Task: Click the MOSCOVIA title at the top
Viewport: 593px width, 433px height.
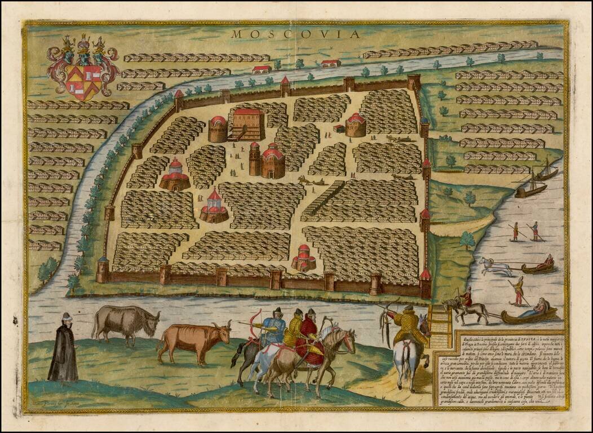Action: (295, 34)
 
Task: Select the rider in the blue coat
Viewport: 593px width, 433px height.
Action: (273, 330)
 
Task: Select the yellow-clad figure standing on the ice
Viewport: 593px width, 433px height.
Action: (517, 291)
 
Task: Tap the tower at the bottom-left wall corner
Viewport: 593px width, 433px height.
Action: (102, 270)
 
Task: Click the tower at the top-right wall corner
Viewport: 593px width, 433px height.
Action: (414, 82)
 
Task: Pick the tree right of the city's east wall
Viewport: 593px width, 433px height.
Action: (467, 240)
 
